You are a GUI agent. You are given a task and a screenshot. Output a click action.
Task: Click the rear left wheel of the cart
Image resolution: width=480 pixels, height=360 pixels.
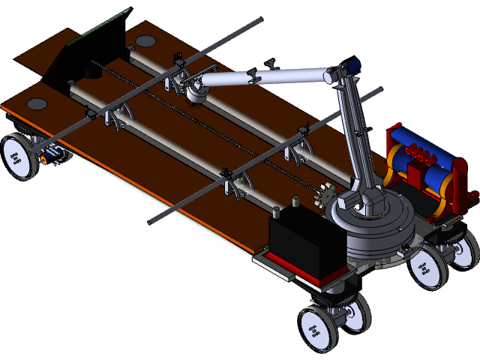(18, 157)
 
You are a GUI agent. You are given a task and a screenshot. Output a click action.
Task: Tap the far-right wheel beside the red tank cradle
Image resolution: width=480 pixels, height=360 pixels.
(464, 248)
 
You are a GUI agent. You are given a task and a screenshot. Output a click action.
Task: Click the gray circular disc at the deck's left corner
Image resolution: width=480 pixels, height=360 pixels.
(37, 103)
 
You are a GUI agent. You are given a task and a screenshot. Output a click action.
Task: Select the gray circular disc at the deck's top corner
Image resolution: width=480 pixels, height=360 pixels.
(145, 40)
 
